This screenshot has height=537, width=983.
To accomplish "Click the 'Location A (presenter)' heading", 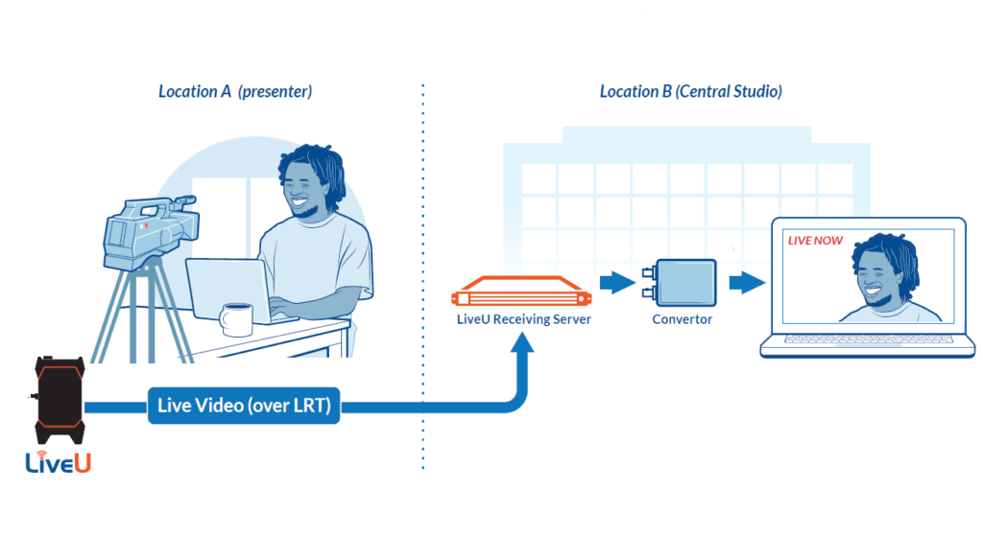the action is pos(235,91).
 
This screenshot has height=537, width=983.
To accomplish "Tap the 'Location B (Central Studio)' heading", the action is pos(691,91).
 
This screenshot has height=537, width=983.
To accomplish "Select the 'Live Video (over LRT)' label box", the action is pos(244,406).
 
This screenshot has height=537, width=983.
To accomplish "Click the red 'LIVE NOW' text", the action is pos(815,241).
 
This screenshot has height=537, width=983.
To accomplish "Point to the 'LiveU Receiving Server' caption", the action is pos(523,319).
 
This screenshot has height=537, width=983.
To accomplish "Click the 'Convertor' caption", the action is pos(683,319).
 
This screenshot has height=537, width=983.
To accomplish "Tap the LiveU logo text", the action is pos(59,462).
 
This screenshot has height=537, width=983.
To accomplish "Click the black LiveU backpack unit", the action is pos(60,400).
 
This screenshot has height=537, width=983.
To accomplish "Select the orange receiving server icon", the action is pos(521,292).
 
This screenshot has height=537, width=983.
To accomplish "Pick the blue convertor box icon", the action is pos(681,283).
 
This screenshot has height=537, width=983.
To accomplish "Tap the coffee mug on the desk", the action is pos(236,320).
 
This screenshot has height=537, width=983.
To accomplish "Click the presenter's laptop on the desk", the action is pos(233,291).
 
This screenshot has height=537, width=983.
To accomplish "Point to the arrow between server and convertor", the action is pos(617,282).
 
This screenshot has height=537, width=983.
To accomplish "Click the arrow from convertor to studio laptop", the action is pos(747,282).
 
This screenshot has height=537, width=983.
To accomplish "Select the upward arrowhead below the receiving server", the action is pos(521,343).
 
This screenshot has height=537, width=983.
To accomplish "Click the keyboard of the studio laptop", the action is pos(868,339).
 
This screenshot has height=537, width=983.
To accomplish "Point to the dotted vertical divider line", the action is pos(423,276).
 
